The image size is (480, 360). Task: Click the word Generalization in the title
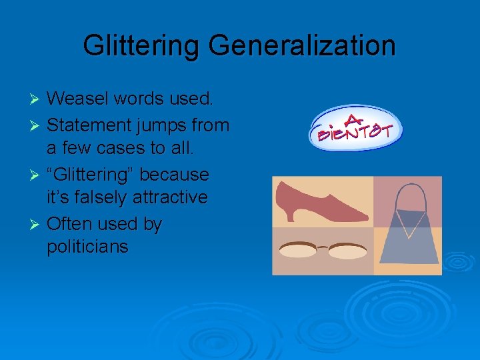pos(302,46)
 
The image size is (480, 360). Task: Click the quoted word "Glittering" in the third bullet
pos(95,175)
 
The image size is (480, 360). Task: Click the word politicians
pos(87,248)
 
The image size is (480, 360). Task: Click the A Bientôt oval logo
pos(356,129)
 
